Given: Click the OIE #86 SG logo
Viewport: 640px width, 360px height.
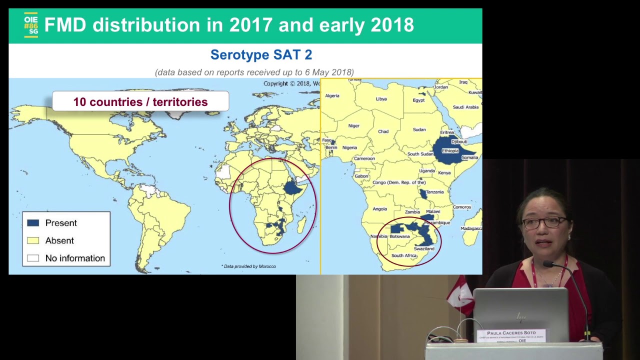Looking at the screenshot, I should (31, 25).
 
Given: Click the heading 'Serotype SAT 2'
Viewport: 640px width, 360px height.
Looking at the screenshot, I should (261, 54).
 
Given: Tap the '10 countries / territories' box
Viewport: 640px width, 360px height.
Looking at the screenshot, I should (140, 102).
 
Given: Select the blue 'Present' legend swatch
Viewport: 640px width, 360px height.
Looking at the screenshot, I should (33, 223).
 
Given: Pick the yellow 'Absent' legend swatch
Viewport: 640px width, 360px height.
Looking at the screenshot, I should (33, 240).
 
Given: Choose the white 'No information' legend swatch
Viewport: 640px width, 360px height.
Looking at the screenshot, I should (33, 258).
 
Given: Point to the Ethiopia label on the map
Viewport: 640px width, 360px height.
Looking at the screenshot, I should (450, 150).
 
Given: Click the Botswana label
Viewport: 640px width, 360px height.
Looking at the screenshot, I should (399, 236).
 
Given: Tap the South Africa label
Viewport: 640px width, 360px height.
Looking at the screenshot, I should (404, 255).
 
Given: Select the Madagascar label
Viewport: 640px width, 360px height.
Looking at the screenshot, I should (471, 228).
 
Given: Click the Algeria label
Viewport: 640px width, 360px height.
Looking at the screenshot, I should (332, 95).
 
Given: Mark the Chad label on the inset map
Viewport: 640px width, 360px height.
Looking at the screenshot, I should (383, 131).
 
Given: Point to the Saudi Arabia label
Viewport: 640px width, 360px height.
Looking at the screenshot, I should (465, 107).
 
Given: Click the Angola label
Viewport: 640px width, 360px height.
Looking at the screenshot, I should (379, 209).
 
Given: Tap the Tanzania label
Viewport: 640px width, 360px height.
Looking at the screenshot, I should (434, 192).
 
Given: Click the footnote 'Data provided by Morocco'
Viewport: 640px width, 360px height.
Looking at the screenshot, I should (249, 266).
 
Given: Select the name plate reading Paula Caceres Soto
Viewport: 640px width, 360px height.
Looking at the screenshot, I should (511, 335).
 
